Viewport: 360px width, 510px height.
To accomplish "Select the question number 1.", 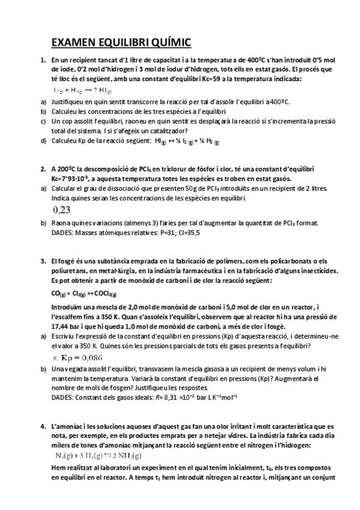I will [x=43, y=60].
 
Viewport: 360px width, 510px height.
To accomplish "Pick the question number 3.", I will [x=43, y=261].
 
